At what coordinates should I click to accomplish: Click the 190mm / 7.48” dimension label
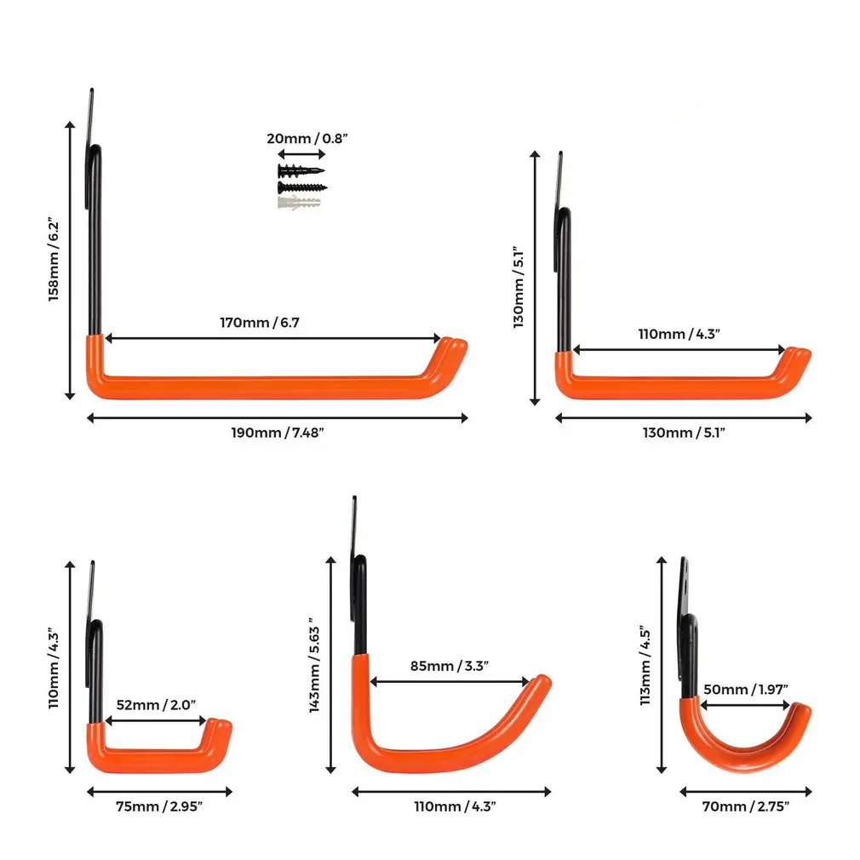278,433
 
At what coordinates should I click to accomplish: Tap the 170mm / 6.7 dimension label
260,323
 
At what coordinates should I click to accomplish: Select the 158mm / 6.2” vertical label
53,260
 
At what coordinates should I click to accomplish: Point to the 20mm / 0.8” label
307,138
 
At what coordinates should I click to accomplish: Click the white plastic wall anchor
299,203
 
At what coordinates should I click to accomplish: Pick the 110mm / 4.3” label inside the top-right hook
679,334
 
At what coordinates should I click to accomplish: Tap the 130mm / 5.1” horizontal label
684,433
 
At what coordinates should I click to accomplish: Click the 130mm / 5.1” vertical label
519,287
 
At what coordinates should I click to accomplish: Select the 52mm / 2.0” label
156,705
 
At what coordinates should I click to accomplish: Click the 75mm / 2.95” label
159,806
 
